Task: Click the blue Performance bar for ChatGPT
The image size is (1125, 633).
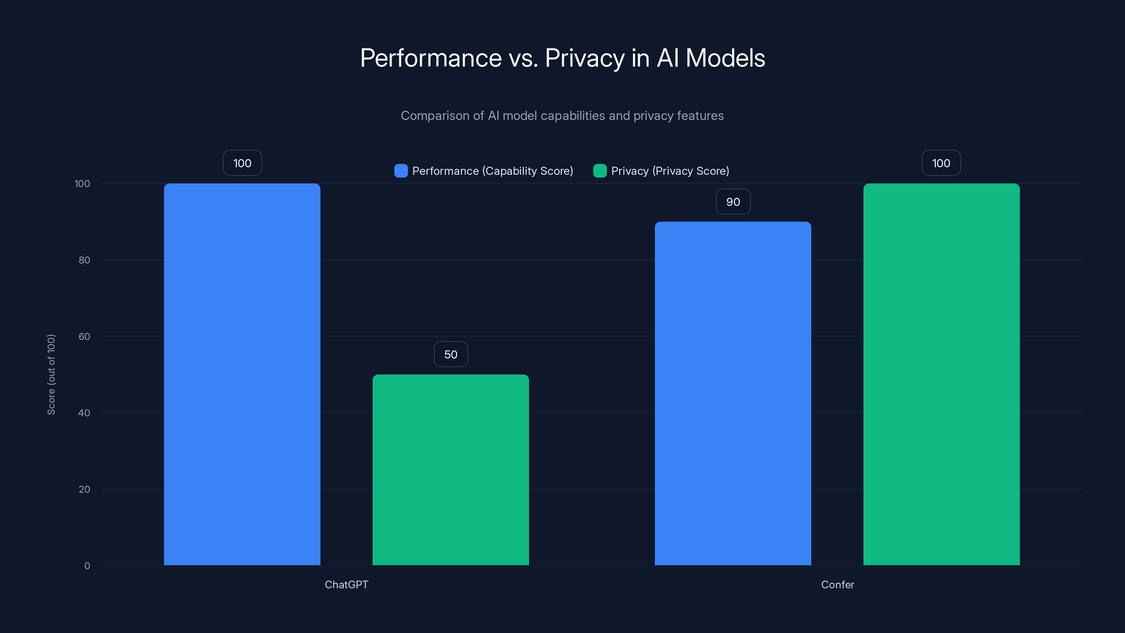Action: point(242,374)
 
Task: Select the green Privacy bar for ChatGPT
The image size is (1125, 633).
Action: point(451,469)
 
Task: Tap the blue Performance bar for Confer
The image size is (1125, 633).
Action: point(733,393)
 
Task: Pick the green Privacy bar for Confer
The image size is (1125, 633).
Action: point(941,374)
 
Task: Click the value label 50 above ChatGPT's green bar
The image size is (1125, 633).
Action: point(451,354)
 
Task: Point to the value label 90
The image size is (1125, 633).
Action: point(733,202)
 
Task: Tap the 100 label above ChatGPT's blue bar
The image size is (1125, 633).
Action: point(242,163)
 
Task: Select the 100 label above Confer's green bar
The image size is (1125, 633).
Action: point(941,163)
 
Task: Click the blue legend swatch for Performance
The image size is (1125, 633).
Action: point(401,171)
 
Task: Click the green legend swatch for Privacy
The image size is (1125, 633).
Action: point(600,171)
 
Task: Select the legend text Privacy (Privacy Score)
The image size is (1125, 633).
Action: point(670,171)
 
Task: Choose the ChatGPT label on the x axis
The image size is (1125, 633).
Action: point(346,584)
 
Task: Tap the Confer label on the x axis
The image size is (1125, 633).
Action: point(837,584)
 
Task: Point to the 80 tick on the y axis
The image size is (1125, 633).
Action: point(84,260)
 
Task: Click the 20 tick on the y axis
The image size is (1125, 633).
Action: point(84,489)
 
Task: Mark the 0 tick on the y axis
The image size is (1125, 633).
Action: point(87,566)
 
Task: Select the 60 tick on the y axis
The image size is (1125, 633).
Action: point(84,337)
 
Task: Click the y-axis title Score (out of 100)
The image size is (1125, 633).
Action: point(51,375)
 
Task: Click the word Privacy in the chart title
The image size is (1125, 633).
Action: point(584,58)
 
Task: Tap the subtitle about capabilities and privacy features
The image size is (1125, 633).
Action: point(562,116)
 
